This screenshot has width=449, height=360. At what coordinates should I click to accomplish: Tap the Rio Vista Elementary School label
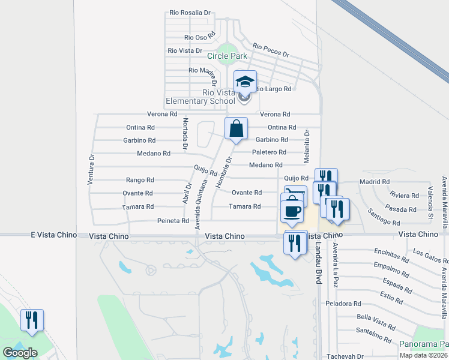pyautogui.click(x=218, y=97)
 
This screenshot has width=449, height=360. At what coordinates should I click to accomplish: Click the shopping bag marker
pyautogui.click(x=237, y=128)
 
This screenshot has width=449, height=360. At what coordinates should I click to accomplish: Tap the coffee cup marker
pyautogui.click(x=292, y=211)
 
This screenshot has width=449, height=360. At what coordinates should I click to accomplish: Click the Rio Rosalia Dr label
pyautogui.click(x=190, y=12)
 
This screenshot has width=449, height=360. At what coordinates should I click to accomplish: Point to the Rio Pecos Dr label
pyautogui.click(x=271, y=50)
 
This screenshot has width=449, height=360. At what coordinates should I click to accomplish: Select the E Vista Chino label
pyautogui.click(x=53, y=235)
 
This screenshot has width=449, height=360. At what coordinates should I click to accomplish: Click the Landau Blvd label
pyautogui.click(x=318, y=267)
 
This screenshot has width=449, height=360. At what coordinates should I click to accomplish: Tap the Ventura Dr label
pyautogui.click(x=92, y=170)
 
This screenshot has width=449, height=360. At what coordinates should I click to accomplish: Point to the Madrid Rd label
pyautogui.click(x=375, y=181)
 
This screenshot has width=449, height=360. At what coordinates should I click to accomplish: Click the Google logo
pyautogui.click(x=20, y=353)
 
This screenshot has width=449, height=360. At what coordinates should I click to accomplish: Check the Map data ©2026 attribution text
pyautogui.click(x=423, y=355)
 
